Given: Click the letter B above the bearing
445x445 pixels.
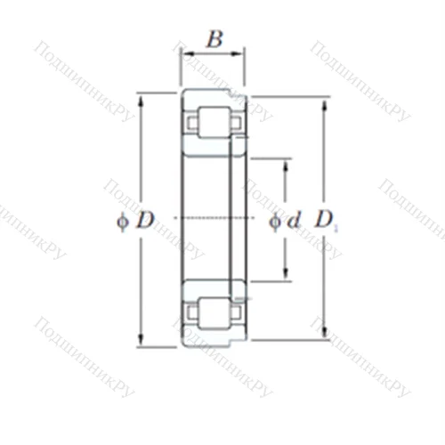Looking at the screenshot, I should pyautogui.click(x=214, y=38).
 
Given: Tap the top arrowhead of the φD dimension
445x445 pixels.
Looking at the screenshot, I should pyautogui.click(x=142, y=96).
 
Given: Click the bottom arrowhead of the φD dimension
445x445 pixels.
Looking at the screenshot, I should pyautogui.click(x=142, y=343).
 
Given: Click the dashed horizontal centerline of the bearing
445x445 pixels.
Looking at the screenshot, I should pyautogui.click(x=214, y=217).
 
